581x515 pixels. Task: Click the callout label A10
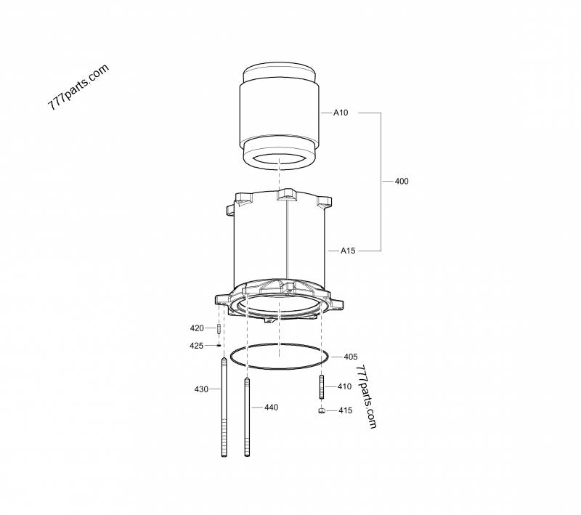(x=341, y=113)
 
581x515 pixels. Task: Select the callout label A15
(x=348, y=251)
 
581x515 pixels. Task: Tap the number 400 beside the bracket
(x=401, y=181)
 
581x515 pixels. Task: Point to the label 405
(x=350, y=357)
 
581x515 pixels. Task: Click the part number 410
(x=344, y=387)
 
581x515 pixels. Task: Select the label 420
(x=197, y=328)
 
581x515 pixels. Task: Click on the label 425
(x=196, y=346)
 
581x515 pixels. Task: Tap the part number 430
(x=201, y=389)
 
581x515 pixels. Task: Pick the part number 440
(x=271, y=407)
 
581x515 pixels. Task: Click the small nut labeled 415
(x=320, y=410)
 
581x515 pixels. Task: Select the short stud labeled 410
(x=320, y=386)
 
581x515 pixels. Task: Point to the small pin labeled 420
(x=218, y=329)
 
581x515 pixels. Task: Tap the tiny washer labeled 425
(x=218, y=346)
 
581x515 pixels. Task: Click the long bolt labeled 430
(x=224, y=407)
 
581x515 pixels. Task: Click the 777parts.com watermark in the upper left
(x=78, y=86)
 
